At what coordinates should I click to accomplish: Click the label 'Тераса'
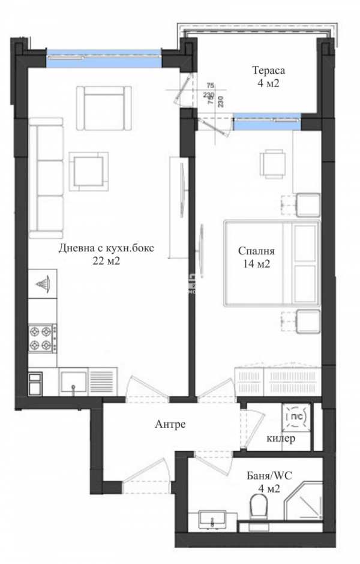click(x=265, y=71)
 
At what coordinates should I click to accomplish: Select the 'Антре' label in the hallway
click(x=170, y=424)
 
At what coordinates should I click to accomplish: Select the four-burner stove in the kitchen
click(x=42, y=337)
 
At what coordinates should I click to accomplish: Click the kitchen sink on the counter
click(x=74, y=380)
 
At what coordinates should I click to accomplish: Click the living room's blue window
click(x=104, y=58)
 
